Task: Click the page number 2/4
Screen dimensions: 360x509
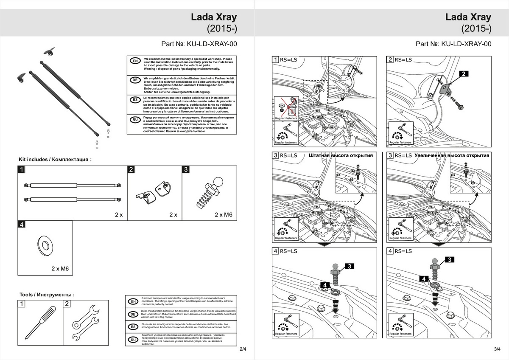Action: click(x=243, y=349)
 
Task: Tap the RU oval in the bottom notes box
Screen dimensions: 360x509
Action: click(x=133, y=340)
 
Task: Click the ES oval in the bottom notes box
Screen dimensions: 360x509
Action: click(x=133, y=327)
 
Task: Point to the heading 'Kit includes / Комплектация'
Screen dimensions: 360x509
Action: click(x=55, y=160)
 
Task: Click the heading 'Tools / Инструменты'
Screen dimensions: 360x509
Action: click(x=47, y=295)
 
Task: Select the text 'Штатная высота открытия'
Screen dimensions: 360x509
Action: click(x=341, y=155)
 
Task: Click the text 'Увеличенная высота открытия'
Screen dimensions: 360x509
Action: click(x=452, y=155)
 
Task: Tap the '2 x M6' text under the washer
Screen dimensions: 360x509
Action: click(x=60, y=269)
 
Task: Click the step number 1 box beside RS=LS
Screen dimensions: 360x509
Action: click(x=276, y=60)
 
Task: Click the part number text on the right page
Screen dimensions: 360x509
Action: click(x=453, y=44)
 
